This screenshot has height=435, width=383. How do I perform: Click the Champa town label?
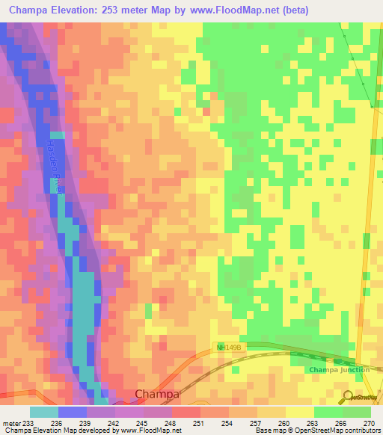157,394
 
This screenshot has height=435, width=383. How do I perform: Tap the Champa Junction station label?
339,370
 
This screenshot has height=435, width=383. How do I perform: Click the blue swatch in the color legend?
72,411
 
